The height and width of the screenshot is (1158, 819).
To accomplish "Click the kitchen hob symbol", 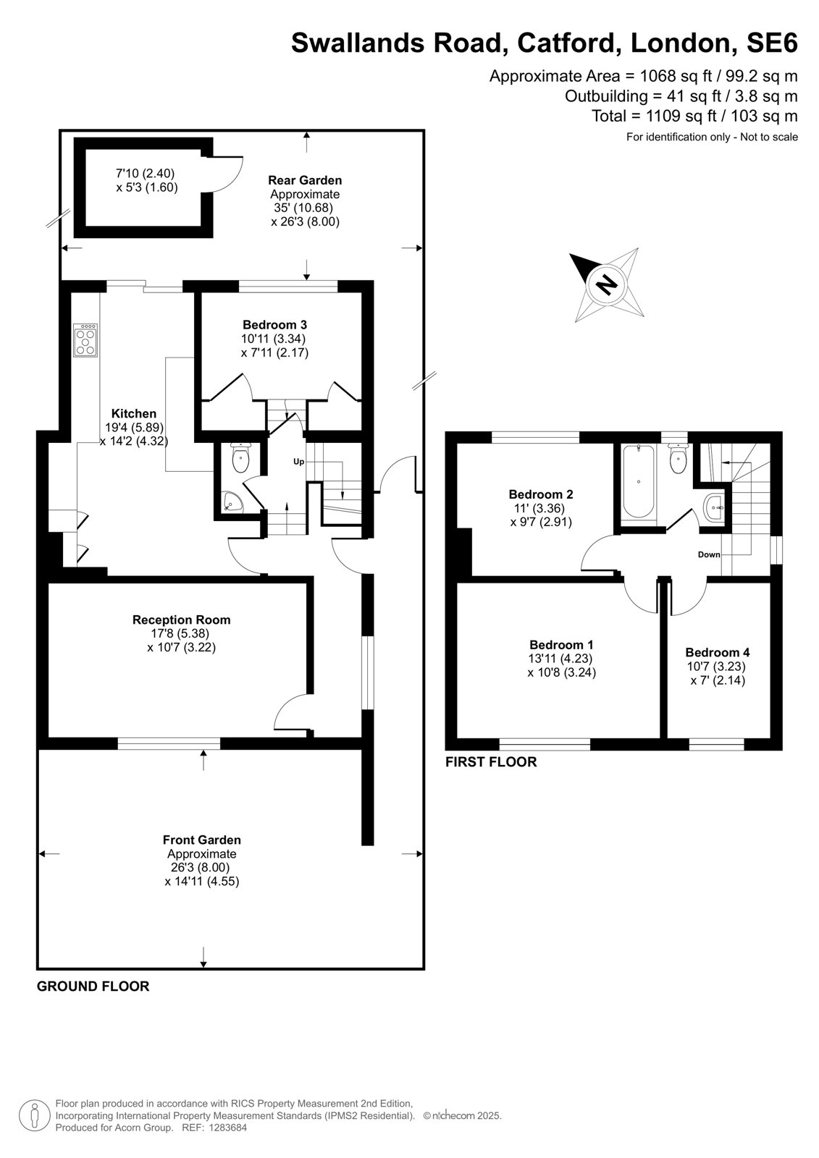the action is point(86,340).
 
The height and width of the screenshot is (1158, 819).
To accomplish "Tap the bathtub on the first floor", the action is point(639,481).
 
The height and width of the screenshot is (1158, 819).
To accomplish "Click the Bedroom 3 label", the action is point(274,325).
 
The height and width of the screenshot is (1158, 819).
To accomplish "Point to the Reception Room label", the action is point(182,620).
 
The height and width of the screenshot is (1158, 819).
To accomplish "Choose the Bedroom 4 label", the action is point(718,652).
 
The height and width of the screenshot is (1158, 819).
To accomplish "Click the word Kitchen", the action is point(134,413).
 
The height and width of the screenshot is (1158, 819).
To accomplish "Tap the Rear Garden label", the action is point(305,180).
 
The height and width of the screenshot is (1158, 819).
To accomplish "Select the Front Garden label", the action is point(202,840).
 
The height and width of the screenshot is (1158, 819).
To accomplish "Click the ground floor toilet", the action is point(240,457).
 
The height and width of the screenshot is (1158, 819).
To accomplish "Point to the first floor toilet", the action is point(678,457).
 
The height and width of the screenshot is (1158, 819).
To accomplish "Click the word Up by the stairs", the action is point(298,462).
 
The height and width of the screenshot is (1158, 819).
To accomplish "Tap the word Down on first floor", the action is point(709,554).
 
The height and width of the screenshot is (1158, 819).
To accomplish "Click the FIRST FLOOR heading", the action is point(491,762).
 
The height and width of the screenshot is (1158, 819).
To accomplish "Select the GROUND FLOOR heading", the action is point(93,986).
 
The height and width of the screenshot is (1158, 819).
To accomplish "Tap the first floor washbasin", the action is point(715,507).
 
